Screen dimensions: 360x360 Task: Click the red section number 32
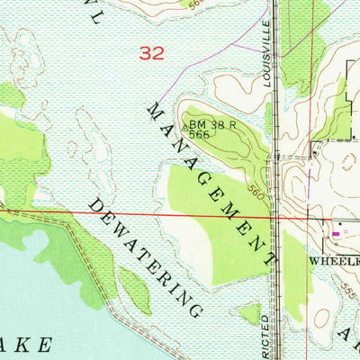[153, 54]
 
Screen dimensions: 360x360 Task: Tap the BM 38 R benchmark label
[212, 126]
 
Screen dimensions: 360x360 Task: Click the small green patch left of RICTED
[247, 313]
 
